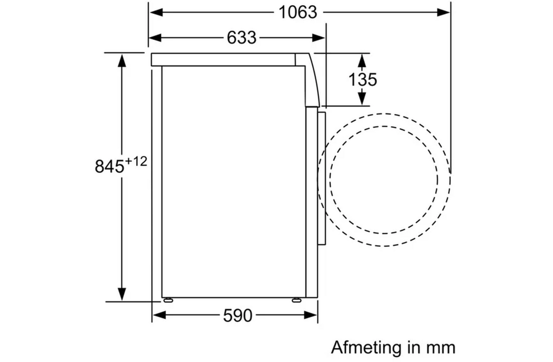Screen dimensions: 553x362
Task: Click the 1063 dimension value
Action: (298, 13)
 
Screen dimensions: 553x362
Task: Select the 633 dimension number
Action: (242, 37)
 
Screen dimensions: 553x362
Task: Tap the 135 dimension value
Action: (362, 79)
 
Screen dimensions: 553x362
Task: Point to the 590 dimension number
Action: (238, 315)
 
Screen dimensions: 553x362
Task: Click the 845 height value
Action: (109, 166)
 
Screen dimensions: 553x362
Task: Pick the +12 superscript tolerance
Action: (136, 161)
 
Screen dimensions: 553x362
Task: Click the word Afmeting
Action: (367, 348)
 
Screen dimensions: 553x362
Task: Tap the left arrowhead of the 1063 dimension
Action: (156, 13)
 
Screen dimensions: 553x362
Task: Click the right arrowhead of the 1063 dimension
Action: (444, 13)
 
